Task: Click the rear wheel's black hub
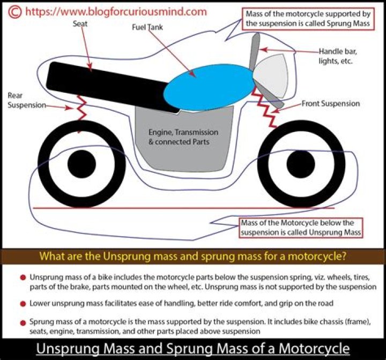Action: coord(83,161)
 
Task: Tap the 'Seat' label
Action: coord(81,24)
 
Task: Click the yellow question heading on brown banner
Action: coord(192,255)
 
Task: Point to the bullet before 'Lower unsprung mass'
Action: coord(23,303)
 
